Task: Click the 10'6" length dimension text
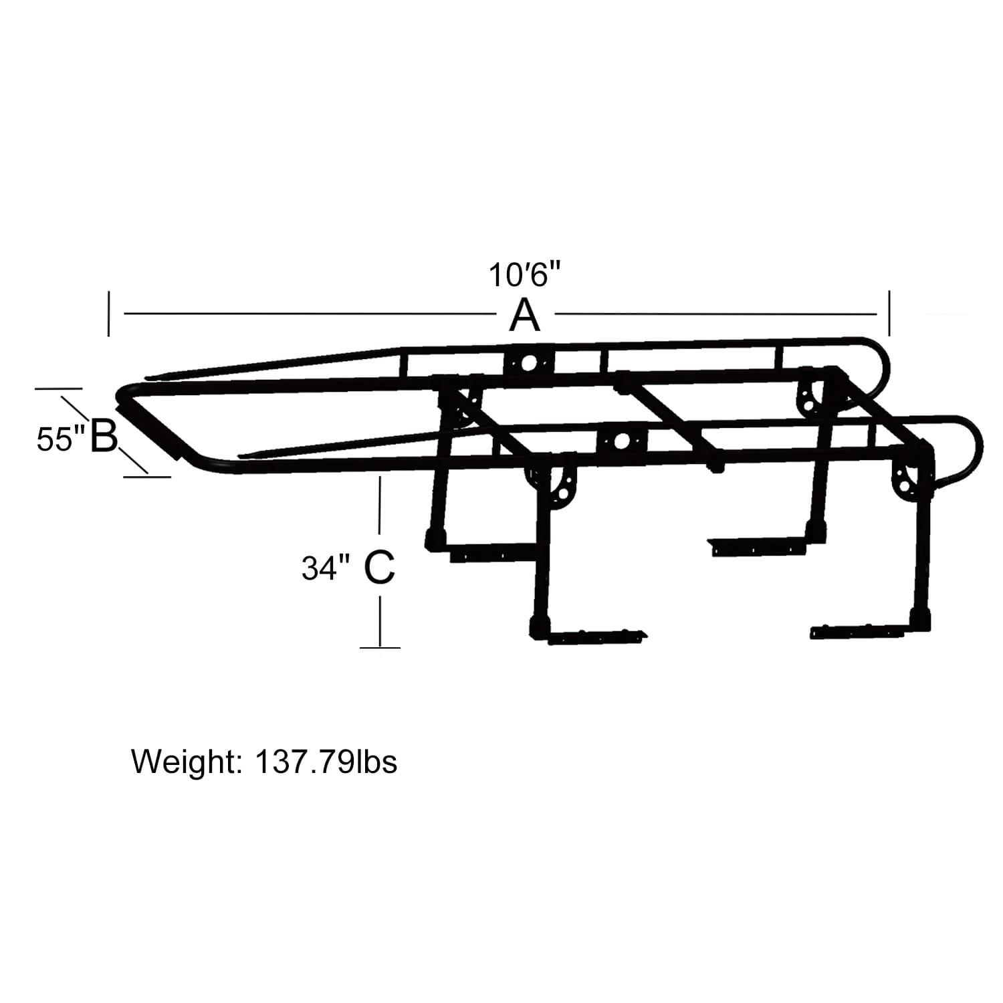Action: pyautogui.click(x=524, y=274)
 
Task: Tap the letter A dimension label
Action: pyautogui.click(x=524, y=315)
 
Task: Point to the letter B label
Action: pyautogui.click(x=104, y=435)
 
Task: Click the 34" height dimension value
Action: pyautogui.click(x=326, y=568)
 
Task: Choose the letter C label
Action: pyautogui.click(x=380, y=568)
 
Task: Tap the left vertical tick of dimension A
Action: pyautogui.click(x=108, y=313)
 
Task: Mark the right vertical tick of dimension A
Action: pyautogui.click(x=889, y=313)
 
